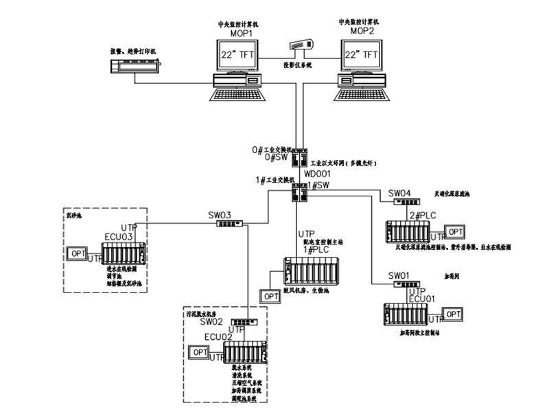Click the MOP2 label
point(362,32)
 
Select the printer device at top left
point(135,66)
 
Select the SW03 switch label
point(220,214)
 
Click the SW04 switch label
point(399,193)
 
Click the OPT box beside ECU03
point(77,253)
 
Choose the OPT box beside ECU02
point(200,352)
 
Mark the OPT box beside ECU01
point(454,314)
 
